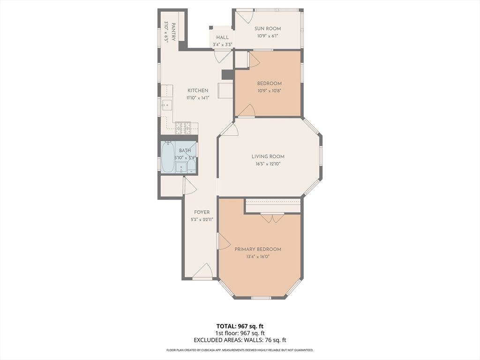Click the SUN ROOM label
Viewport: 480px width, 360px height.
(268, 29)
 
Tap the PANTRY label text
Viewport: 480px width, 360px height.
(173, 32)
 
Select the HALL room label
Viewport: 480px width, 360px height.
(222, 37)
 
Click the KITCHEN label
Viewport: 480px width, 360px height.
(198, 90)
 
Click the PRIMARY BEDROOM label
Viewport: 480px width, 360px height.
(258, 249)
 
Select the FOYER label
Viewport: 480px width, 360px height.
(202, 212)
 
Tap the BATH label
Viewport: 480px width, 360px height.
(185, 150)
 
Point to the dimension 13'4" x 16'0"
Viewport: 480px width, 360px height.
(258, 256)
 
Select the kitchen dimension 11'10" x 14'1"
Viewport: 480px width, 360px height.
(198, 97)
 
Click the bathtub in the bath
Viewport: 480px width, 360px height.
(168, 157)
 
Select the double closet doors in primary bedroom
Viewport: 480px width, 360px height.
(272, 218)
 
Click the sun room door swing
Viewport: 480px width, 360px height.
(243, 18)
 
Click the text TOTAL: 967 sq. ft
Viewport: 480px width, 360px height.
(240, 326)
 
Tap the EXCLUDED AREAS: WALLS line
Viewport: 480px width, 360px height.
(240, 340)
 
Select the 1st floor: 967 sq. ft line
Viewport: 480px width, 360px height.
(240, 333)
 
